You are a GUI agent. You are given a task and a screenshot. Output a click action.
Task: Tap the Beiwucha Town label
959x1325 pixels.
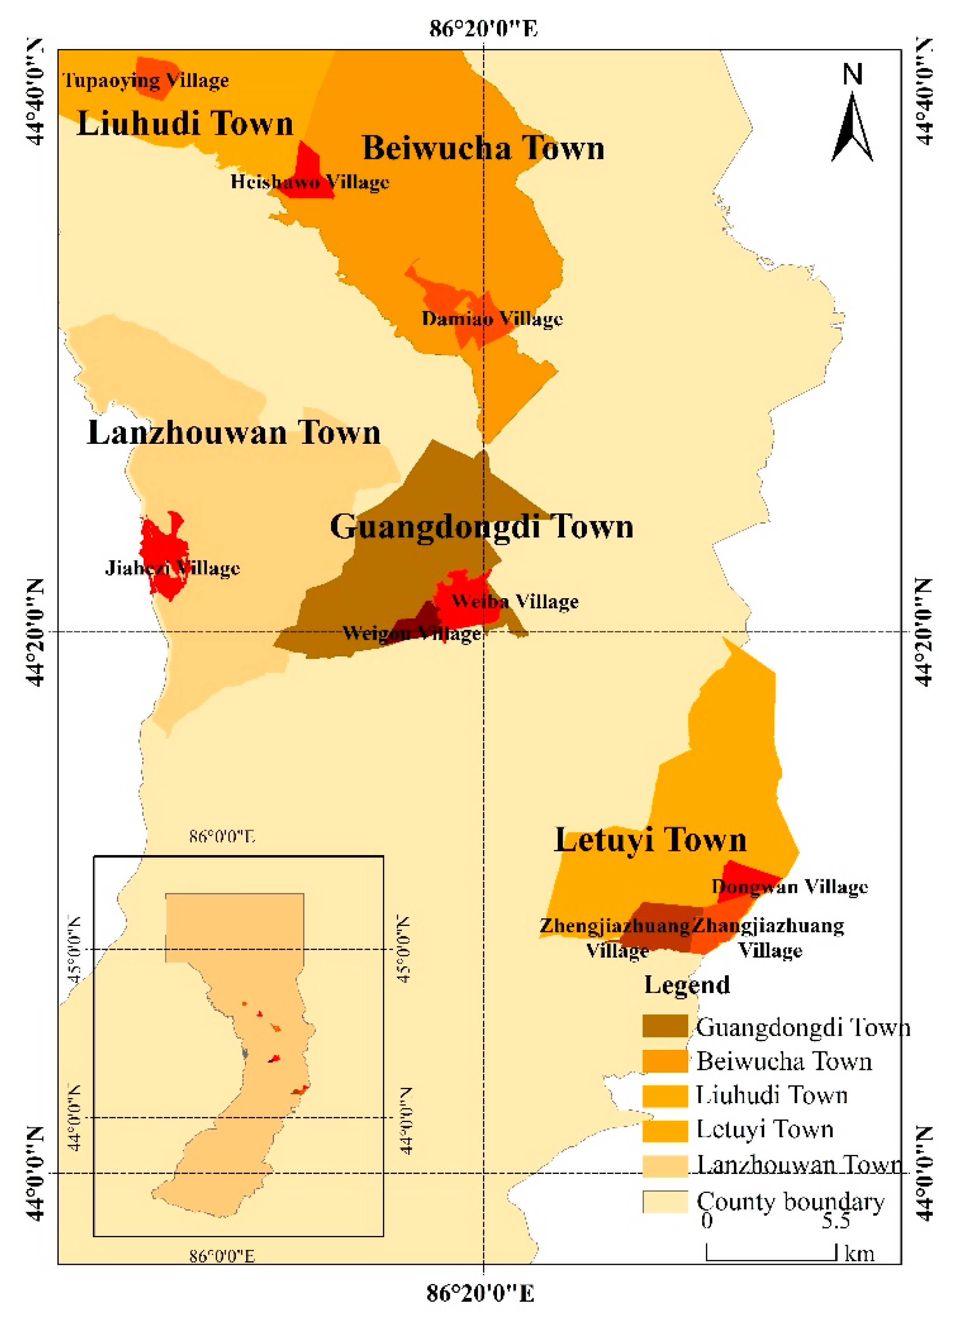(x=483, y=148)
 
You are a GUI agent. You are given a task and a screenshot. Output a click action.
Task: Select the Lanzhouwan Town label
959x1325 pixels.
(x=234, y=433)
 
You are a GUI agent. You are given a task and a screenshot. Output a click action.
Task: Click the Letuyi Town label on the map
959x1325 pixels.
(x=650, y=840)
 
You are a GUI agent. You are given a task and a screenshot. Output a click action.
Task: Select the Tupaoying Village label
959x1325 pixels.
(x=145, y=81)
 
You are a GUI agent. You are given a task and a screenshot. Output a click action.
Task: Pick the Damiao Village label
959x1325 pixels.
(x=492, y=319)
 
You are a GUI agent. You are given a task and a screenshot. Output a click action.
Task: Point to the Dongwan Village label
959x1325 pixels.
(x=790, y=887)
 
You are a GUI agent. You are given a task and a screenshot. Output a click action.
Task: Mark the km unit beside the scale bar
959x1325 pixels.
(x=859, y=1254)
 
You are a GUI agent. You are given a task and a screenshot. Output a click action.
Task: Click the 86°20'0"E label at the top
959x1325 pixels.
(x=483, y=28)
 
